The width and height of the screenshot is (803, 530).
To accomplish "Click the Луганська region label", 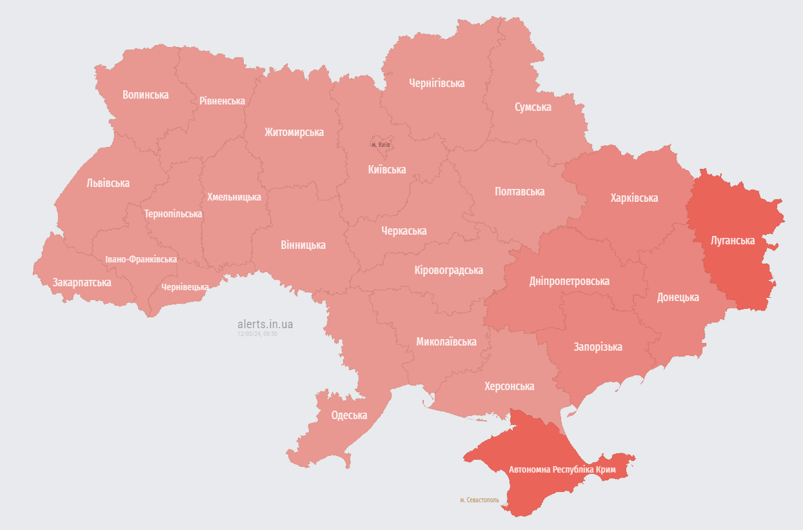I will click(x=732, y=240).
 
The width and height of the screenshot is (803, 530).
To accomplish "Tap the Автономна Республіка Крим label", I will click(x=562, y=469).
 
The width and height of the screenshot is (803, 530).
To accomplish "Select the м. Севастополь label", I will click(x=479, y=500).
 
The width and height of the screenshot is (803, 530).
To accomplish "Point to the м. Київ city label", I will click(x=381, y=144).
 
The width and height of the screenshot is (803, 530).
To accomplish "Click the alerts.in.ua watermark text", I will click(x=265, y=324).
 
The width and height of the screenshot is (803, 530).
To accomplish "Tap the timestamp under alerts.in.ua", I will click(x=257, y=334).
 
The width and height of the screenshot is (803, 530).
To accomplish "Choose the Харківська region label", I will click(x=634, y=198).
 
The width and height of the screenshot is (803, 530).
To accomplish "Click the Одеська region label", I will click(x=349, y=415).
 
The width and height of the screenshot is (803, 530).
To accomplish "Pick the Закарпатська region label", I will click(x=82, y=282).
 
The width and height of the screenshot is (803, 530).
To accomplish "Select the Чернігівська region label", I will click(x=437, y=83).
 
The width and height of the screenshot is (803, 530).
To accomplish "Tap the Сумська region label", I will click(x=533, y=107).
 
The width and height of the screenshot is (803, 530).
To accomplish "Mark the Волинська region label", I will click(x=145, y=95).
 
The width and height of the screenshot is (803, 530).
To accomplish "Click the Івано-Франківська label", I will click(x=141, y=259).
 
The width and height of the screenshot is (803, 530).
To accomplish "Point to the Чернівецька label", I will click(x=184, y=287).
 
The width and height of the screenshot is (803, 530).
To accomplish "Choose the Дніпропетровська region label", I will click(x=569, y=281).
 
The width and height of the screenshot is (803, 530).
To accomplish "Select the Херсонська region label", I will click(x=509, y=386).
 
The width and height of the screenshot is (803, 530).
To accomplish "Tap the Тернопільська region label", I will click(x=173, y=213).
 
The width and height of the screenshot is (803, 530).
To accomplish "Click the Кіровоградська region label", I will click(x=448, y=270).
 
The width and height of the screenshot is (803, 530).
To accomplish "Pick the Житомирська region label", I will click(x=293, y=132).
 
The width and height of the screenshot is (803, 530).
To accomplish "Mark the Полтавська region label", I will click(x=519, y=191).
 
